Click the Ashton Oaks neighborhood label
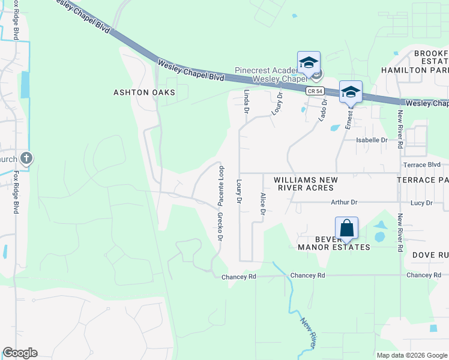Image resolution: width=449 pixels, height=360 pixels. tap(145, 92)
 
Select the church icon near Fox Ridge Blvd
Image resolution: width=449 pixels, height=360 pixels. tap(26, 158)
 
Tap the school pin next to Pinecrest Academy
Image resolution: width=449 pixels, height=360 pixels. tap(309, 63)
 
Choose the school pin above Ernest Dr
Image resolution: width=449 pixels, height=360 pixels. tap(351, 92)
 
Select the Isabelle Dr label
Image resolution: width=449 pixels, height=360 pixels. tap(372, 140)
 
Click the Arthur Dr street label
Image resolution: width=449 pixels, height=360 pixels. tap(343, 203)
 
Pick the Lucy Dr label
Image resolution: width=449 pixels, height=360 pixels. tap(421, 203)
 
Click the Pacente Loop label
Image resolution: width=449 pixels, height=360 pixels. tap(221, 183)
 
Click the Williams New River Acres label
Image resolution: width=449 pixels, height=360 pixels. tap(306, 184)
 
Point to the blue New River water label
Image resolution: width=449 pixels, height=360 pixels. tap(308, 334)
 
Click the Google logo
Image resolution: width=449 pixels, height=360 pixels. tap(20, 353)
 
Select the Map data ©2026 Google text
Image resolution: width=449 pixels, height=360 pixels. tap(412, 355)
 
